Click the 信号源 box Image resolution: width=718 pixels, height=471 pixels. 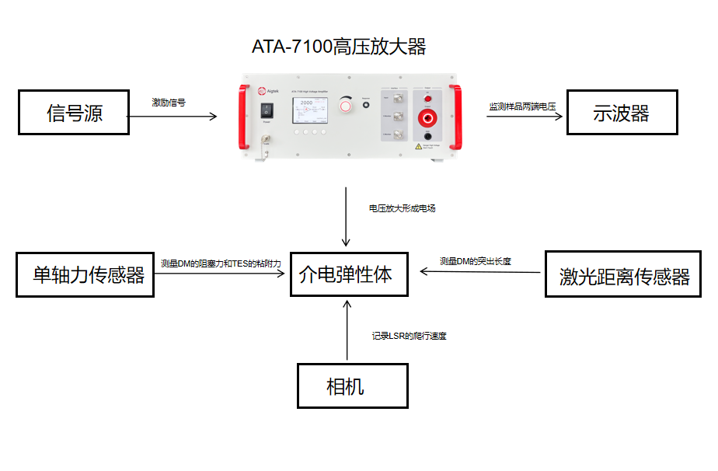(x=73, y=113)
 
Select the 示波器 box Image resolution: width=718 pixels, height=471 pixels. (x=620, y=113)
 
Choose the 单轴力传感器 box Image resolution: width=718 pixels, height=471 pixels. (x=85, y=274)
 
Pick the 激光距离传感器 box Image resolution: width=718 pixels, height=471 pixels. (x=624, y=275)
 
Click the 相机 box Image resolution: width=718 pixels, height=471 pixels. (x=352, y=386)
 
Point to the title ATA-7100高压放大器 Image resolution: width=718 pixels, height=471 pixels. (x=339, y=47)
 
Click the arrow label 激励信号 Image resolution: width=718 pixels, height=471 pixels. (x=168, y=102)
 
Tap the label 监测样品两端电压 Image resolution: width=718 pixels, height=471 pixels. (x=521, y=106)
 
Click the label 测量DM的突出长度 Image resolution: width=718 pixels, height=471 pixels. (x=475, y=261)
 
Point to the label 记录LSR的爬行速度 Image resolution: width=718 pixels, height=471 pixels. (x=409, y=336)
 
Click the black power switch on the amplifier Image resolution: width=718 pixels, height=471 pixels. (x=267, y=110)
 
